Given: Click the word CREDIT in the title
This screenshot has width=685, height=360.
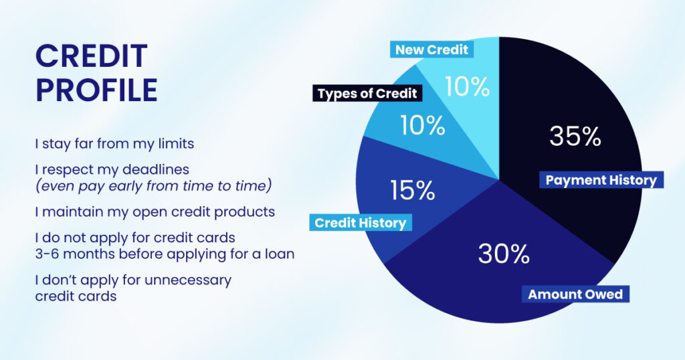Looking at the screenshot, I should tap(90, 56).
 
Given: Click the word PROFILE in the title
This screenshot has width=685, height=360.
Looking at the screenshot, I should tap(96, 90).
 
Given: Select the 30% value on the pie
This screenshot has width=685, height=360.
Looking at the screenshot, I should tap(504, 254).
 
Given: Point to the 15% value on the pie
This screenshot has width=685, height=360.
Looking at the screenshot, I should tap(412, 191).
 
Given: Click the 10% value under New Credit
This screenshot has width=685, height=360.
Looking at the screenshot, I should tap(466, 87).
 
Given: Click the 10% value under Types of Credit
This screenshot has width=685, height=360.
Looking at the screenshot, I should tap(423, 125).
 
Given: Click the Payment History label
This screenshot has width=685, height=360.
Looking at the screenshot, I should tap(601, 180).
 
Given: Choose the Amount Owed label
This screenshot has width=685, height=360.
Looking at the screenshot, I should tap(575, 294).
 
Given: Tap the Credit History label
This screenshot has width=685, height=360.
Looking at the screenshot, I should tap(361, 223).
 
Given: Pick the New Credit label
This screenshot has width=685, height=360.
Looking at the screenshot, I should tap(432, 50).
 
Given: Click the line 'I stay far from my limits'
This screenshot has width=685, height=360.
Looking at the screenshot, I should tap(114, 143).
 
